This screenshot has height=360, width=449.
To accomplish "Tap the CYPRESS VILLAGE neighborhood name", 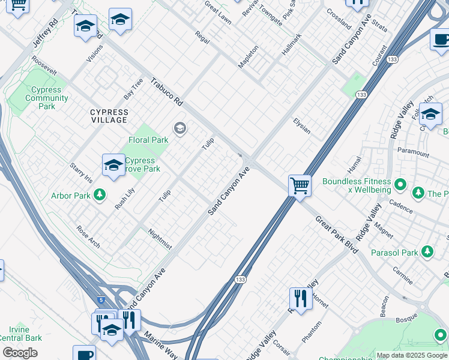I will pos(109,116).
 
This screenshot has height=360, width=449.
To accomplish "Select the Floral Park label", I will pos(148,140).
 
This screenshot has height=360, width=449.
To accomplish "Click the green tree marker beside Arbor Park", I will pos(100,195).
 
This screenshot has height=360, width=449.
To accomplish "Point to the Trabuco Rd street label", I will pos(166,92).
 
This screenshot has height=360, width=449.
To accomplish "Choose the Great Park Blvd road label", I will pos(337,235).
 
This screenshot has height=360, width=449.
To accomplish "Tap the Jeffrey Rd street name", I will pos(45,33).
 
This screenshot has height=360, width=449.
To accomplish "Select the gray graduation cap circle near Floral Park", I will pos(179,128).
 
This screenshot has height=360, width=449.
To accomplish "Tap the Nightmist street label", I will pos(160,239).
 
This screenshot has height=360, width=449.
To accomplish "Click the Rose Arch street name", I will pos(88,236).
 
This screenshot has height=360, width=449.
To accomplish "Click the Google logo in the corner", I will pos(20,353).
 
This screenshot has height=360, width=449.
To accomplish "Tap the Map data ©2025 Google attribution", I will pos(411,355).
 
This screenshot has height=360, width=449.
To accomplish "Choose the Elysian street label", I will pos(301,125).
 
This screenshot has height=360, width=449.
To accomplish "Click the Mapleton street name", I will pos(248,56).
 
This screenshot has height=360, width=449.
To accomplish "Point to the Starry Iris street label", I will pos(81,172).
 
